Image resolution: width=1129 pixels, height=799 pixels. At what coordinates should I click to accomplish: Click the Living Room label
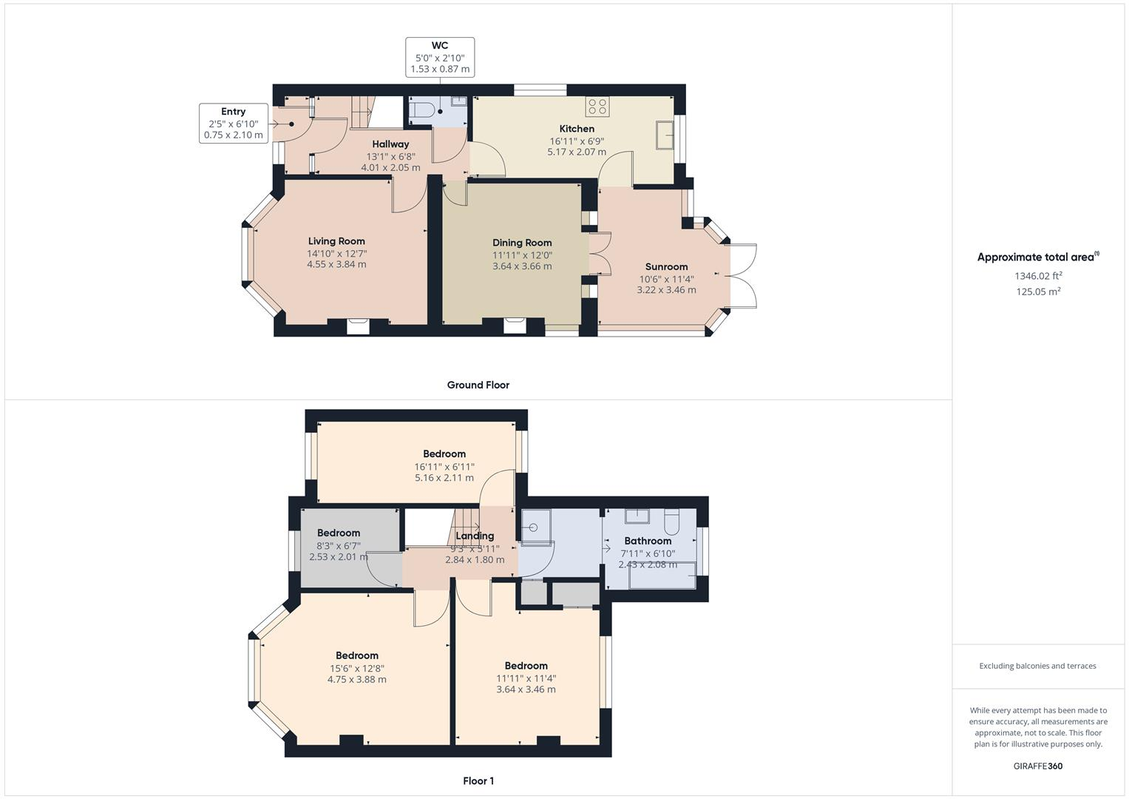click(336, 241)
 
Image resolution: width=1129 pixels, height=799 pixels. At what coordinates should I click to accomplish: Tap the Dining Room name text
click(522, 243)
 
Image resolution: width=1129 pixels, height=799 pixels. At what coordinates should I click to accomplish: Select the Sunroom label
click(666, 267)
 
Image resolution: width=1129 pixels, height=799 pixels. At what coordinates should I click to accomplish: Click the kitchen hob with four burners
click(597, 107)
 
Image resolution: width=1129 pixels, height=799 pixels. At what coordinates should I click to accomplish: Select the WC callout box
click(440, 57)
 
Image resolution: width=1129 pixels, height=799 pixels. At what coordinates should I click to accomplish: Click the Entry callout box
click(233, 124)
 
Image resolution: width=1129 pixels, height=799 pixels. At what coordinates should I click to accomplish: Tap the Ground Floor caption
click(478, 385)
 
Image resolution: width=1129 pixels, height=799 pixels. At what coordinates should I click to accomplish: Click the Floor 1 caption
click(478, 781)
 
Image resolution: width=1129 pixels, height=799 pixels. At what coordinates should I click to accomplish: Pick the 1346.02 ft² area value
click(1038, 276)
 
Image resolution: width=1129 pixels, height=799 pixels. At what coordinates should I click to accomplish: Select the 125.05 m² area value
click(1038, 291)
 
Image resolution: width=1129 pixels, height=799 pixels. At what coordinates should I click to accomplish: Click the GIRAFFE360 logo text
click(1038, 766)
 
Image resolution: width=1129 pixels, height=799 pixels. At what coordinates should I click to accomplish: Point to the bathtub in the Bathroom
click(662, 576)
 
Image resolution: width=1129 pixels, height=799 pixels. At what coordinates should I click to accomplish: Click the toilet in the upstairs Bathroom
click(671, 522)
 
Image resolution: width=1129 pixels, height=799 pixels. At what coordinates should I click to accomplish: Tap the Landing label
click(475, 536)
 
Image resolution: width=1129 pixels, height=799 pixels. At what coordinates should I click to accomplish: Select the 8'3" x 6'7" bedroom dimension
click(338, 545)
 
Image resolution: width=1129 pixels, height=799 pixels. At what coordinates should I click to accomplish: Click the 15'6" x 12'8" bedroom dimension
click(357, 668)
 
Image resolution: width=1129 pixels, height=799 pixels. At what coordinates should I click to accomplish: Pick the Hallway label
click(390, 144)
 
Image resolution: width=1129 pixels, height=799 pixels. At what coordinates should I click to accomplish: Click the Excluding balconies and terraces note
click(1037, 666)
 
